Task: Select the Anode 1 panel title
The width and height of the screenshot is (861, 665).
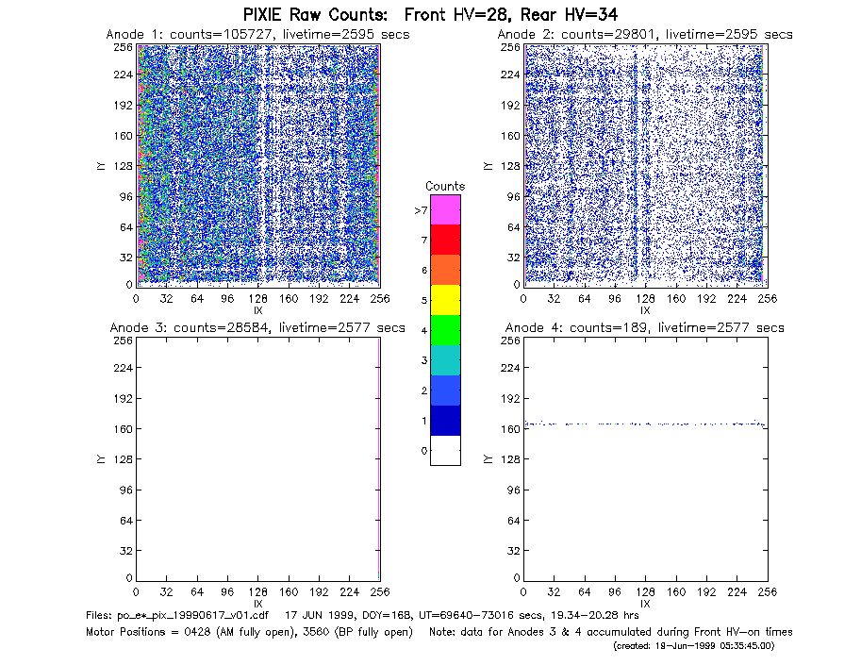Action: (257, 34)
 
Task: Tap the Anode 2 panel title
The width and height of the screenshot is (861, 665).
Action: (645, 34)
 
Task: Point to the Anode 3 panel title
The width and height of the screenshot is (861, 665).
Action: (257, 328)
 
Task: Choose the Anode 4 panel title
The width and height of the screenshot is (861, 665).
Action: (645, 328)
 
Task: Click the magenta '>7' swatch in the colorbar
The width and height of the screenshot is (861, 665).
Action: (445, 209)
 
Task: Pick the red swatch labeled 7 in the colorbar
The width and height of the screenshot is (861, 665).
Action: (445, 240)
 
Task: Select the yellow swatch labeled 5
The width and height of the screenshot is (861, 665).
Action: (445, 300)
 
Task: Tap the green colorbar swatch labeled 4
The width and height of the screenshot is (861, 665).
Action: (445, 330)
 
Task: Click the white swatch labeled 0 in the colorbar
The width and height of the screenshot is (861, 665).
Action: (445, 451)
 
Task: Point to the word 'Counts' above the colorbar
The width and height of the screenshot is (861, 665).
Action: (445, 186)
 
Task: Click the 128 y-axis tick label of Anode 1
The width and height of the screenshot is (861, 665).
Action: (123, 166)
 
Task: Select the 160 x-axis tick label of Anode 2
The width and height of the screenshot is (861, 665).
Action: (676, 299)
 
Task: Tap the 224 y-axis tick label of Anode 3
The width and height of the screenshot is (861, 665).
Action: (123, 368)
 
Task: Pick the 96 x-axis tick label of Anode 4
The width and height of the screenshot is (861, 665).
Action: (615, 592)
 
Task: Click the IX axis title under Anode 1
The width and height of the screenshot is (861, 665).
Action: (258, 310)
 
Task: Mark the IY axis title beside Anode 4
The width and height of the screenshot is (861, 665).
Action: (487, 459)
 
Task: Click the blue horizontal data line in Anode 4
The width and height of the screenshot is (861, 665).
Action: (645, 424)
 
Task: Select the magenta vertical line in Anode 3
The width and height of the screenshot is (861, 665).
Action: (379, 458)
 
